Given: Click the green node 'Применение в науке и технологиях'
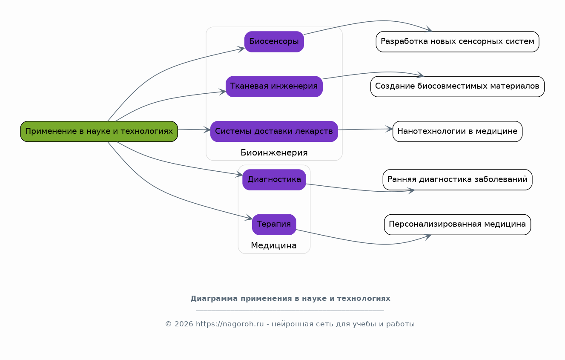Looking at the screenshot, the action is pyautogui.click(x=99, y=132).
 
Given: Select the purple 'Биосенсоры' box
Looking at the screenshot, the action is pyautogui.click(x=274, y=42).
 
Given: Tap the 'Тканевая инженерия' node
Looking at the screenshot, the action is pyautogui.click(x=274, y=86).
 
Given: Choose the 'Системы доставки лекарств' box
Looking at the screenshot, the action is pyautogui.click(x=274, y=132).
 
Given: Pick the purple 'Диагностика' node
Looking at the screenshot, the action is pyautogui.click(x=274, y=180).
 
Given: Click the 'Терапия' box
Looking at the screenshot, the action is pyautogui.click(x=274, y=225).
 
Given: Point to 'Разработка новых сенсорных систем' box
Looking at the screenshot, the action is pyautogui.click(x=458, y=42).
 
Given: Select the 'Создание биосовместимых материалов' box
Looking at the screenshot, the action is pyautogui.click(x=458, y=86).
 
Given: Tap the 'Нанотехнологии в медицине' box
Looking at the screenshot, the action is pyautogui.click(x=458, y=132).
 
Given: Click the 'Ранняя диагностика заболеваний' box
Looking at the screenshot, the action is pyautogui.click(x=458, y=180).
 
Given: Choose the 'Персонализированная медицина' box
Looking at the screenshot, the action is pyautogui.click(x=458, y=225).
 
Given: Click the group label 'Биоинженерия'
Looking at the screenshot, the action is pyautogui.click(x=274, y=153).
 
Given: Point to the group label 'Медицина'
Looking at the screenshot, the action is pyautogui.click(x=274, y=246).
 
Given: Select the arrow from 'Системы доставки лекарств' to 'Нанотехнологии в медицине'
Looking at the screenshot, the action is pyautogui.click(x=365, y=129).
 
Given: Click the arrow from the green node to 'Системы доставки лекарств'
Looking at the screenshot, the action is pyautogui.click(x=194, y=130).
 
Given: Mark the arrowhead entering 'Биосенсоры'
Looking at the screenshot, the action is pyautogui.click(x=241, y=49).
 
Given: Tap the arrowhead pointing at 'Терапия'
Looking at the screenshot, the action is pyautogui.click(x=249, y=218).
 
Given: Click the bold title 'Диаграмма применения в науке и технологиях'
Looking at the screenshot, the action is pyautogui.click(x=290, y=299).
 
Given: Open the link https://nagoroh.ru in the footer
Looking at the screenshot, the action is pyautogui.click(x=230, y=324).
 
